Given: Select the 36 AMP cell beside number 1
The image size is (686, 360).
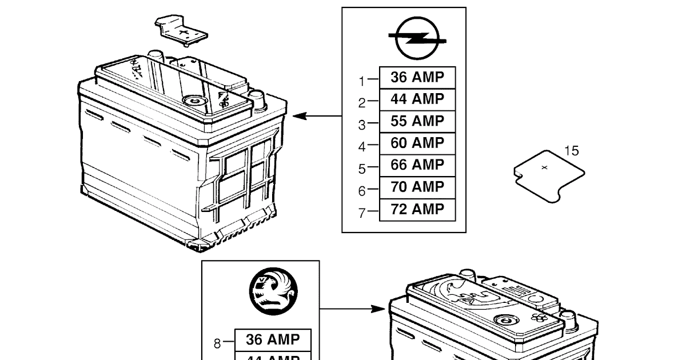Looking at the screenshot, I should point(417,77).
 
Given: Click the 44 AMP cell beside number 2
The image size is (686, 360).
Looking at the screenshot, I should point(417,99).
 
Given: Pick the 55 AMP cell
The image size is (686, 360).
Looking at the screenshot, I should point(417,121).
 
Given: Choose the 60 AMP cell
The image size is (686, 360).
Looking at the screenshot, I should point(417,143).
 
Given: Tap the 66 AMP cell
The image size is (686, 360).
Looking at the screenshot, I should point(417,165).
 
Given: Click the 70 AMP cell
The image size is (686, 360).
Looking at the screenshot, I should point(417,187).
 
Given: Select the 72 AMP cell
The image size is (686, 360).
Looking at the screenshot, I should point(417,209).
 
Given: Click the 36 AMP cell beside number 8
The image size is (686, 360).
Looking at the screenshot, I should point(273,339).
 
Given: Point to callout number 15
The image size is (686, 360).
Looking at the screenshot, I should point(571,151).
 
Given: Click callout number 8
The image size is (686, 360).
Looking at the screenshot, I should point(217,343).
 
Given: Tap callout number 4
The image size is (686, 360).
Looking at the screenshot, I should point(361,147).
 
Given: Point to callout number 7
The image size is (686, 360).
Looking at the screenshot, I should point(361,213).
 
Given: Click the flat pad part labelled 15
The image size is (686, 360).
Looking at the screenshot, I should point(548,176).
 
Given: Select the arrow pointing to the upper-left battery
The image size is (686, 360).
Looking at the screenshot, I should point(317,116).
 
